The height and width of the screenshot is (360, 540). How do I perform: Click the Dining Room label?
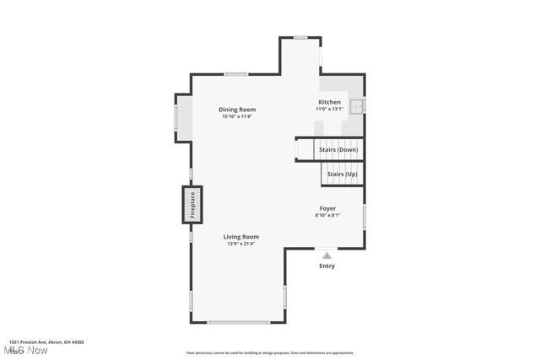click(237, 110)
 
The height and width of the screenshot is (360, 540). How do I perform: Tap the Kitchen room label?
click(329, 102)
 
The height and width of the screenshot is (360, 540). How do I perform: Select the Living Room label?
click(240, 237)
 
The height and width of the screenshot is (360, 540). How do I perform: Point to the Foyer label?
click(327, 208)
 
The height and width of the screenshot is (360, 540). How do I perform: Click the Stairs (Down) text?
click(337, 149)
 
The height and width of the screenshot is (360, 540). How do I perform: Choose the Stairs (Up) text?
click(342, 174)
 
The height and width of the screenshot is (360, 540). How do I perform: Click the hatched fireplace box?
click(192, 205)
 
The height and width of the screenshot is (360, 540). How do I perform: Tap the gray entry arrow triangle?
click(327, 254)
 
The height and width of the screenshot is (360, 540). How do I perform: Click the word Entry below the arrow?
click(327, 266)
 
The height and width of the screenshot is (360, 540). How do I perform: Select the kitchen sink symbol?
click(358, 106)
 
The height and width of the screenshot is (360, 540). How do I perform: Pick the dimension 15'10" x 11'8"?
click(237, 116)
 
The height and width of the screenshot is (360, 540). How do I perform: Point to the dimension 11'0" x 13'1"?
click(329, 109)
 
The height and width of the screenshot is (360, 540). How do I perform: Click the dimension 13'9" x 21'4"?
click(240, 244)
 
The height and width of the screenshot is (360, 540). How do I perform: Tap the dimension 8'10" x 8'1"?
click(327, 215)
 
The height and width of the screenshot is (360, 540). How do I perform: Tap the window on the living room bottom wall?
click(238, 322)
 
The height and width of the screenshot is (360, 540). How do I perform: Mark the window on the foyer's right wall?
click(364, 216)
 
